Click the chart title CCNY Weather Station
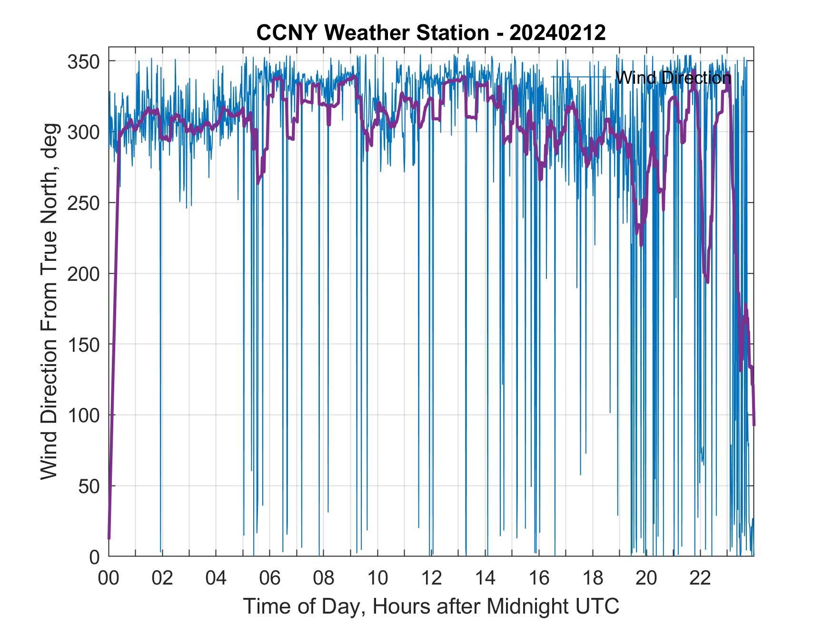[x=372, y=33]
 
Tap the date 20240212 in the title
[x=557, y=33]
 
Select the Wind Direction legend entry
[x=672, y=77]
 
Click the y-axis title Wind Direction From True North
[x=49, y=301]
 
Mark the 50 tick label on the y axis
[x=89, y=486]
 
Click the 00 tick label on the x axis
[x=109, y=578]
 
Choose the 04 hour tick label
[x=216, y=578]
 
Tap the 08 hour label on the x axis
[x=324, y=578]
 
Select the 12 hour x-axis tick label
[x=431, y=578]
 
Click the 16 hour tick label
[x=539, y=578]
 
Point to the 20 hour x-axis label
[x=646, y=578]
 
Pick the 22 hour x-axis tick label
[x=700, y=578]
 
